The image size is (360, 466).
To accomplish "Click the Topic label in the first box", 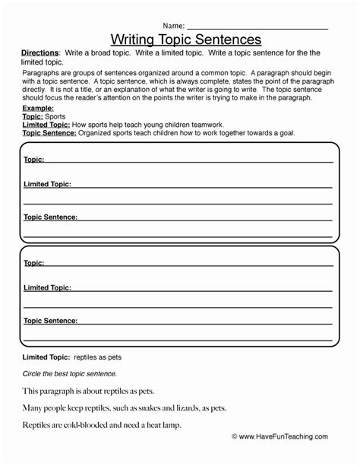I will [x=33, y=160].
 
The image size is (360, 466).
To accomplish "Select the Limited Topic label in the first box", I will [x=47, y=184].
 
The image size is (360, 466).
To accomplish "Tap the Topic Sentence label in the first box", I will [x=50, y=217].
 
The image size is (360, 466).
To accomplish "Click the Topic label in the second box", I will [x=33, y=263].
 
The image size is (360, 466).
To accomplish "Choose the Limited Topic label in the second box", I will [x=47, y=287].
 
